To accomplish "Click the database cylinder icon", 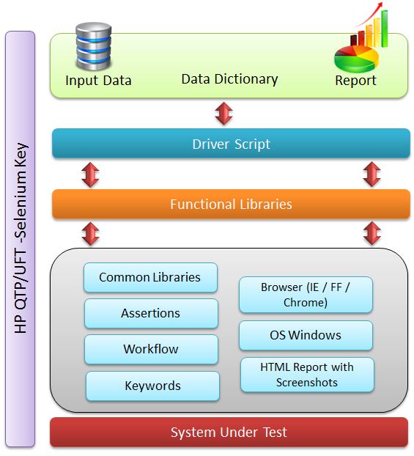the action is pyautogui.click(x=93, y=46).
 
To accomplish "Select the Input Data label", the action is pyautogui.click(x=98, y=81).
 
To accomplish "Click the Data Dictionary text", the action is pyautogui.click(x=229, y=79).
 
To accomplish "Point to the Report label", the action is pyautogui.click(x=355, y=81).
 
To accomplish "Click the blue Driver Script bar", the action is pyautogui.click(x=231, y=144).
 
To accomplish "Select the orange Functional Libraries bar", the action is pyautogui.click(x=231, y=204).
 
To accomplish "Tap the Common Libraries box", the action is pyautogui.click(x=150, y=277).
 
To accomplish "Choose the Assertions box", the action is pyautogui.click(x=151, y=314).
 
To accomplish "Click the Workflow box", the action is pyautogui.click(x=151, y=349).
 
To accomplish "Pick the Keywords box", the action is pyautogui.click(x=152, y=386).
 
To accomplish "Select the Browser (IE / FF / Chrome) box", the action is pyautogui.click(x=306, y=295).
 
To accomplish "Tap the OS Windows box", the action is pyautogui.click(x=306, y=335).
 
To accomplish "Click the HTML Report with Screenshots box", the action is pyautogui.click(x=307, y=375).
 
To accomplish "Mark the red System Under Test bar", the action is pyautogui.click(x=229, y=432).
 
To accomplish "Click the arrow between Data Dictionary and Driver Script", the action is pyautogui.click(x=223, y=114).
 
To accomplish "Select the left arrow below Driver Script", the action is pyautogui.click(x=90, y=174).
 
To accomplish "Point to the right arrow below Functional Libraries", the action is pyautogui.click(x=372, y=233).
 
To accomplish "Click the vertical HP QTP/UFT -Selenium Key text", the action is pyautogui.click(x=21, y=238).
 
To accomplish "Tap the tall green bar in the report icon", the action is pyautogui.click(x=385, y=29).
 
